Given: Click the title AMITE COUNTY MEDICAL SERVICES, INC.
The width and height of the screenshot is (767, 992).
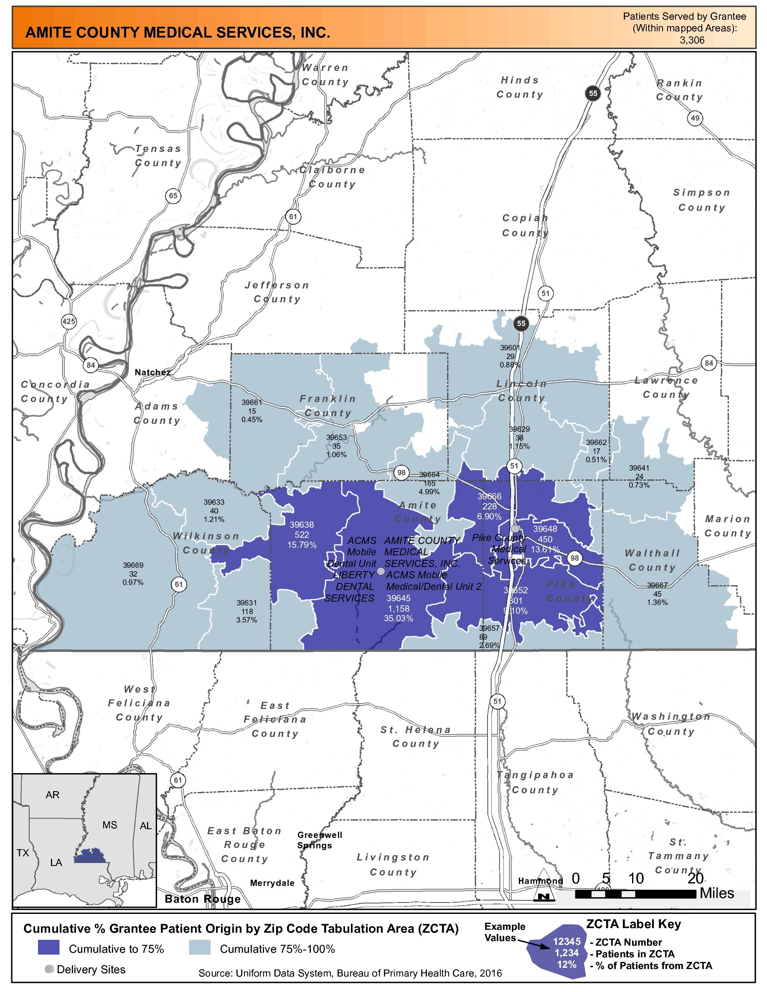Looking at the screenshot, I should coord(178,33).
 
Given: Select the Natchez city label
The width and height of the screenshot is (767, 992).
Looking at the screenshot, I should coord(152,372).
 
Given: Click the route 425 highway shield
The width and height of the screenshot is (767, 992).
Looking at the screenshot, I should coord(69,321).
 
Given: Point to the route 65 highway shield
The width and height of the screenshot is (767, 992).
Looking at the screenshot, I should coord(173,196).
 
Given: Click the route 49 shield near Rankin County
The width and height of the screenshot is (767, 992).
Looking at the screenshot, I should coord(695,118).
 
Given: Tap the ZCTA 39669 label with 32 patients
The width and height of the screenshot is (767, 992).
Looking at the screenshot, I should coord(133,573).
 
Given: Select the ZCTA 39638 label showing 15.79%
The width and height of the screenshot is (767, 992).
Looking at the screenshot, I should coord(302,534).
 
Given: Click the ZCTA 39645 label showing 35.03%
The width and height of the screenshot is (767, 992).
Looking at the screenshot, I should coord(399,608).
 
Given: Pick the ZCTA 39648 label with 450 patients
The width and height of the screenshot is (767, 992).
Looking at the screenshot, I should coord(545,539).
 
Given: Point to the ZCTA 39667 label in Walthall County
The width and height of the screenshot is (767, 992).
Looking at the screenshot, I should coord(657,594).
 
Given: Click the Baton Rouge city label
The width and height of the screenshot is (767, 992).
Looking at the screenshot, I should coord(203,899).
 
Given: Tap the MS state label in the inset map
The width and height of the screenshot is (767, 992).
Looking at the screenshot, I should coord(109,825).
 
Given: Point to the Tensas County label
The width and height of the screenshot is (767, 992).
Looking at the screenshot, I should coord(158,155).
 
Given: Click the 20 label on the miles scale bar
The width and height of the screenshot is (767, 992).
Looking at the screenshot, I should coord(695,878).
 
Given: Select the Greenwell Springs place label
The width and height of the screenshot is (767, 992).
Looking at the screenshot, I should coord(320,840).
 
